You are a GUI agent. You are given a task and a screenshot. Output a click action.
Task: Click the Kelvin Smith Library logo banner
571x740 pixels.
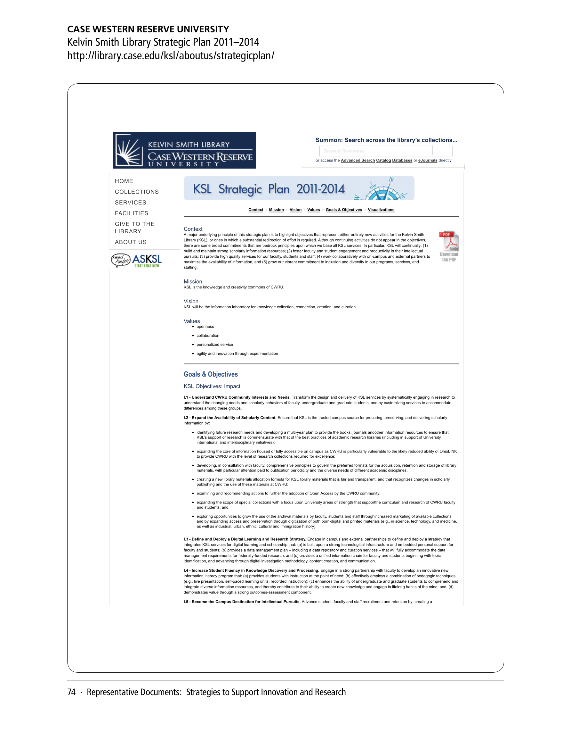point(184,150)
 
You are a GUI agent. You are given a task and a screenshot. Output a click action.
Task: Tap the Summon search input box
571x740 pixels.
point(376,151)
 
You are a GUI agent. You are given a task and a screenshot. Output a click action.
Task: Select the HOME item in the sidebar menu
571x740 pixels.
point(124,181)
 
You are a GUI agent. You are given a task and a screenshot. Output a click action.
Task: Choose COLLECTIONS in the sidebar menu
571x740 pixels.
point(137,192)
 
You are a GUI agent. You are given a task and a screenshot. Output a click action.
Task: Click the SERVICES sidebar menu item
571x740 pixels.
point(130,203)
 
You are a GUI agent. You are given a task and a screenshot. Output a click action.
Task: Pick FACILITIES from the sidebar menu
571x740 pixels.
point(131,213)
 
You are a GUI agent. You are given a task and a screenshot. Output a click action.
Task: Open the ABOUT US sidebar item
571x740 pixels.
point(131,242)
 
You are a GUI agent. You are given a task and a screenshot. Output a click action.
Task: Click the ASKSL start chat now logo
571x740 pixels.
point(137,261)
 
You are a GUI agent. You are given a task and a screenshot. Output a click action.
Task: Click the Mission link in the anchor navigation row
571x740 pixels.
point(276,210)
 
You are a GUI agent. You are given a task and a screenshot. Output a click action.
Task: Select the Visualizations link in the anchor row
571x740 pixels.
point(381,210)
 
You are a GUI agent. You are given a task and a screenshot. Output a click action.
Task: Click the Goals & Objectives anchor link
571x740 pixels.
point(343,210)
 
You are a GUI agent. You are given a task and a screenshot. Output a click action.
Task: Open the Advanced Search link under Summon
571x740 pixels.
point(358,161)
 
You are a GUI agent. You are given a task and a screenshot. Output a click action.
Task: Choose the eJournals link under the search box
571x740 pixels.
point(428,161)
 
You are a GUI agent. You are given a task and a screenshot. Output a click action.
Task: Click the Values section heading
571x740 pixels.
point(192,321)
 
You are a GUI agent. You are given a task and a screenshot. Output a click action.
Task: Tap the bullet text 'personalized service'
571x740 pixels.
point(214,345)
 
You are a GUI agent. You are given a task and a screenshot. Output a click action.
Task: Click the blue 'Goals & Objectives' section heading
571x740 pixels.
point(211,374)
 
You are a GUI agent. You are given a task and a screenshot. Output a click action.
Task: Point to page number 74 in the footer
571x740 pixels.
point(71,692)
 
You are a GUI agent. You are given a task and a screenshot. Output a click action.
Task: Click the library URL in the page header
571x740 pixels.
point(171,55)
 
